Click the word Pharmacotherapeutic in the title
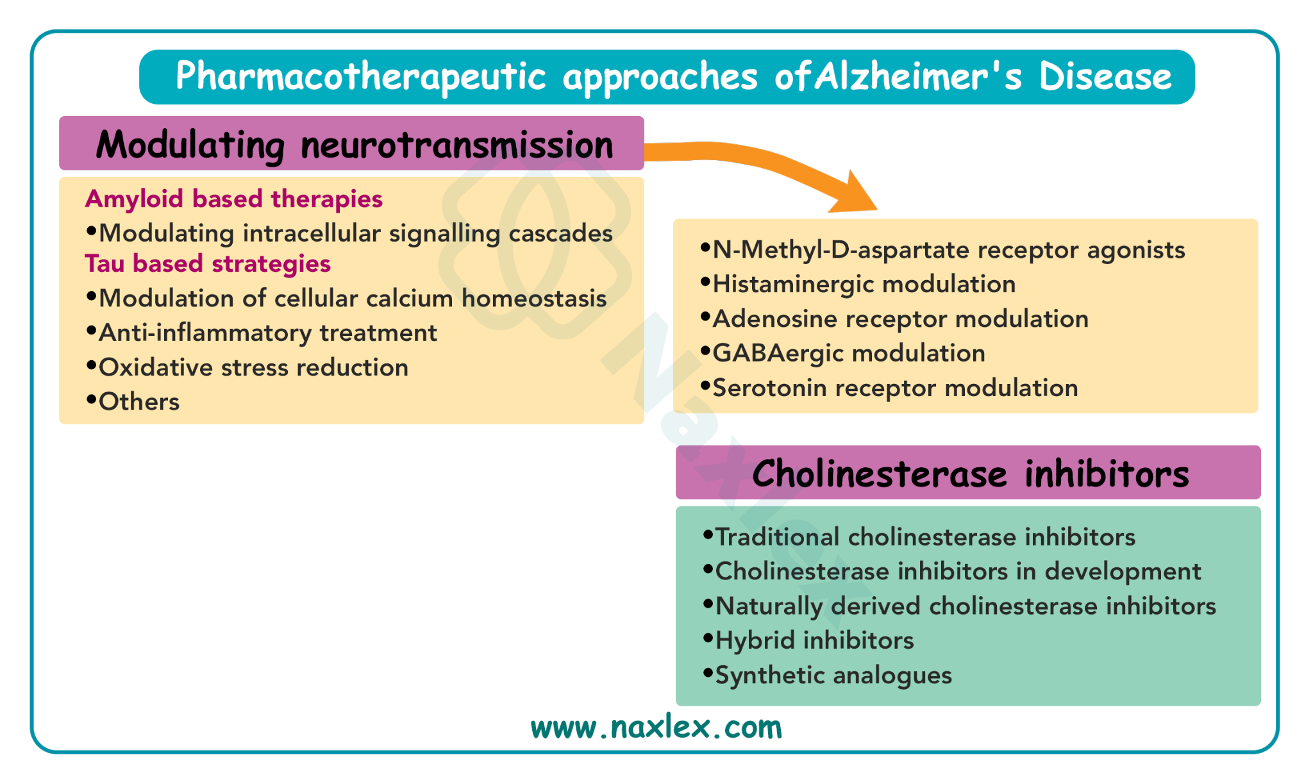click(361, 76)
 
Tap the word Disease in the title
click(1105, 76)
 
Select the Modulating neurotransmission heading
click(354, 145)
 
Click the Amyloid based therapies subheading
click(234, 199)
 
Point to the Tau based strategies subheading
click(208, 263)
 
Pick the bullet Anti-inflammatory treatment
click(262, 333)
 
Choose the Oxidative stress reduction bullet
click(247, 367)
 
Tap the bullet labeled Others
click(133, 402)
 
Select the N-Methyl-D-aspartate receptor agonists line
click(943, 250)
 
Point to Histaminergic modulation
click(858, 284)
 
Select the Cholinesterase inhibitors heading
click(971, 474)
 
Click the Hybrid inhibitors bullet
click(808, 640)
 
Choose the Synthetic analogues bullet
click(828, 675)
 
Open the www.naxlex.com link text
click(656, 727)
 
